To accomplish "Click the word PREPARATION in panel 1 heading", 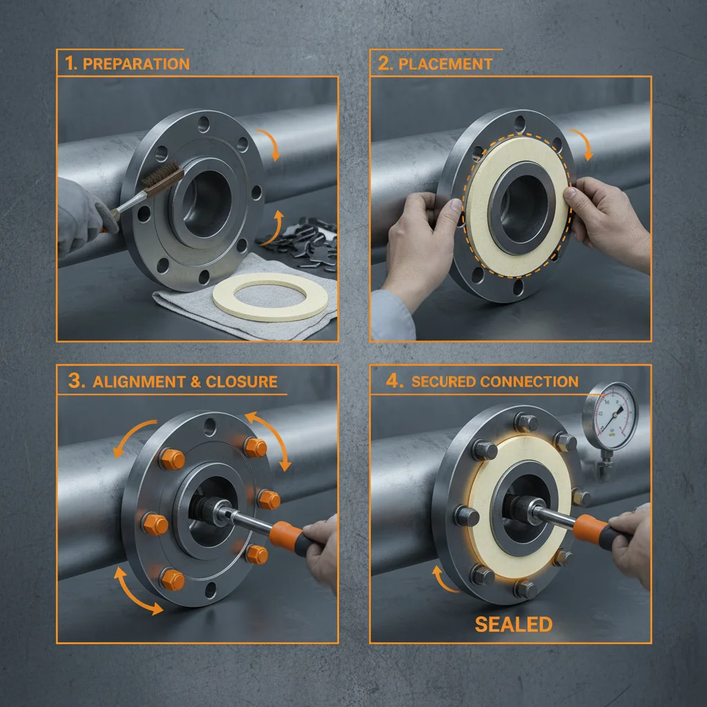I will (x=136, y=64).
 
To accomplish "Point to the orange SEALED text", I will (x=514, y=625).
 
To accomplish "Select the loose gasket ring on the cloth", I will (x=269, y=296).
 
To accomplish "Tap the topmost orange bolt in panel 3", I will (x=255, y=447).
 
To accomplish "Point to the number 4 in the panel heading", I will (x=394, y=382).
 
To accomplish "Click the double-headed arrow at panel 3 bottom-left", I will (x=139, y=590).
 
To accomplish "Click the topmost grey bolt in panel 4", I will (x=527, y=422).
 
